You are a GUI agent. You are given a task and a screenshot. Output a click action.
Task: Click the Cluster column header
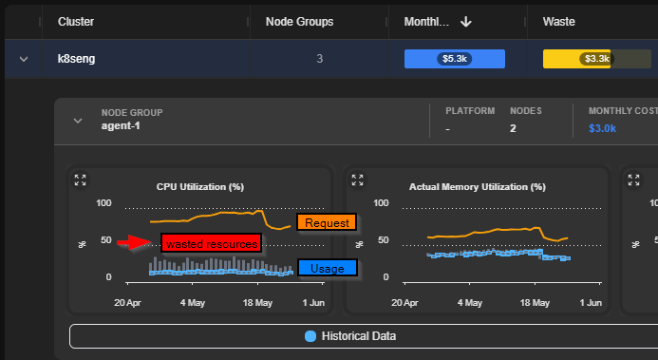tap(76, 22)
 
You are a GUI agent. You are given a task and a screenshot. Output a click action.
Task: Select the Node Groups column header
tap(299, 22)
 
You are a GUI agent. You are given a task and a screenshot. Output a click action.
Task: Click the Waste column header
tap(558, 22)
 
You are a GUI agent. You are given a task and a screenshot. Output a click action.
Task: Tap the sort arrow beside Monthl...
tap(466, 22)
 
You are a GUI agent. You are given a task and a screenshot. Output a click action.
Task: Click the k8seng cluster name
tap(76, 59)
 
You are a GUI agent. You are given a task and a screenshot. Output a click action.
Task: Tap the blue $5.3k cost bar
tap(455, 59)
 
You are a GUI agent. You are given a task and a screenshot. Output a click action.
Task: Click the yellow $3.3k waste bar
tap(576, 59)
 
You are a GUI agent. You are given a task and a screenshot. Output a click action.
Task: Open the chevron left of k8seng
tap(24, 59)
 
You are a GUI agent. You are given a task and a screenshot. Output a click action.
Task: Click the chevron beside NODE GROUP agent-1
tap(78, 121)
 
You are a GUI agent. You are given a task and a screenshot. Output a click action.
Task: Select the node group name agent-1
tap(121, 126)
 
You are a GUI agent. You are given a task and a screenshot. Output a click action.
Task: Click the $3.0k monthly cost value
tap(602, 128)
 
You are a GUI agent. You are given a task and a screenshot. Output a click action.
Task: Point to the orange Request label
tap(327, 222)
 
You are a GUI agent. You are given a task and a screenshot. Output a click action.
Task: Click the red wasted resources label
tap(212, 243)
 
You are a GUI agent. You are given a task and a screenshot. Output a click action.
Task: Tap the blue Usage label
tap(328, 268)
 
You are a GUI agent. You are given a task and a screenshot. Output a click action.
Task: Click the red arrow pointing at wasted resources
tap(134, 241)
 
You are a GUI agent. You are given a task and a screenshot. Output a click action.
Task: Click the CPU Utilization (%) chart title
tap(200, 187)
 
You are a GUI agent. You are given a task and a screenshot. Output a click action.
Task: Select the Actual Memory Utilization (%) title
tap(478, 187)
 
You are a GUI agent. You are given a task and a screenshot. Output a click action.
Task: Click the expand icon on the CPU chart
tap(80, 180)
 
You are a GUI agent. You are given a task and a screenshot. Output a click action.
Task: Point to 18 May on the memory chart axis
tap(535, 302)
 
